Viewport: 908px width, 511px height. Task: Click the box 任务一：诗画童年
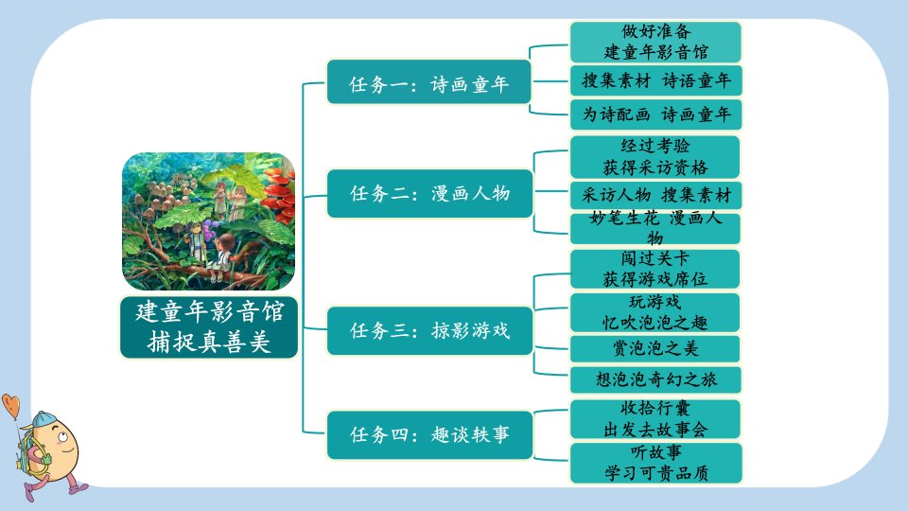(x=428, y=81)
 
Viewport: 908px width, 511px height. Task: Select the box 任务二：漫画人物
(x=429, y=193)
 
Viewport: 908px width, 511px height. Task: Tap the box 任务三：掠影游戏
(x=429, y=330)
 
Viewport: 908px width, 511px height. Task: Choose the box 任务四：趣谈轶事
(x=429, y=434)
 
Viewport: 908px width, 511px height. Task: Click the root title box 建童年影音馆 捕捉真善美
(x=209, y=327)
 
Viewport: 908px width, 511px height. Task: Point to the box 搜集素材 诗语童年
(x=655, y=80)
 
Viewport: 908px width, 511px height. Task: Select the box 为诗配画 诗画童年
(x=655, y=115)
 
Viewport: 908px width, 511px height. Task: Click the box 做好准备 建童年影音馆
(x=655, y=42)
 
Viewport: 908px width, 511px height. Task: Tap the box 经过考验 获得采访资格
(x=655, y=157)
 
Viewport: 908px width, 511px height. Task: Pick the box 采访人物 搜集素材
(x=655, y=195)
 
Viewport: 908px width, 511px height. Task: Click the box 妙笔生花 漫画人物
(x=655, y=228)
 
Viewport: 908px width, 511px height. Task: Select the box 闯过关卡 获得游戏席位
(x=655, y=269)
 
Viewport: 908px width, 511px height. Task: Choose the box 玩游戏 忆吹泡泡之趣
(x=655, y=312)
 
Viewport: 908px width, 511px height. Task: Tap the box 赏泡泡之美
(x=655, y=349)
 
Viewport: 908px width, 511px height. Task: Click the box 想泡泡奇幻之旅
(x=655, y=379)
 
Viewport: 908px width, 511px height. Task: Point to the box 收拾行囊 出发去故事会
(x=655, y=419)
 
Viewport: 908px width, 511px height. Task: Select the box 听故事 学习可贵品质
(x=655, y=463)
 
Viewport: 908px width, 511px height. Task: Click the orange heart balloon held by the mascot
(x=11, y=405)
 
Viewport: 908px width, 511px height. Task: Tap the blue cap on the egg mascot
(x=44, y=419)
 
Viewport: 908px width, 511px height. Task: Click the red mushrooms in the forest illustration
(x=280, y=191)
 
